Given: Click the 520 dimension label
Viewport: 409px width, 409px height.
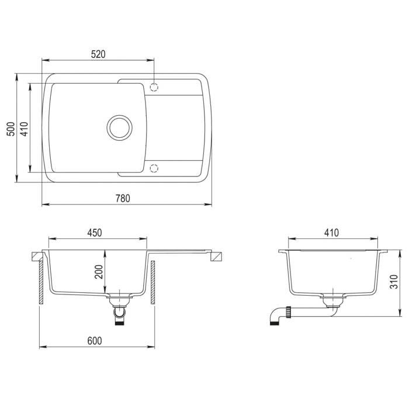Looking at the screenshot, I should [x=98, y=54].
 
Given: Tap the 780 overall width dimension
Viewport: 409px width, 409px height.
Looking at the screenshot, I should [x=122, y=198].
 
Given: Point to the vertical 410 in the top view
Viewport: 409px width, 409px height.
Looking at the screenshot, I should [x=23, y=129].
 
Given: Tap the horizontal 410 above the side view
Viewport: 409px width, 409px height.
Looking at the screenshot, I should [x=331, y=233].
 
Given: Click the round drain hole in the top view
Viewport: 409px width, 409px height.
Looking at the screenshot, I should [x=119, y=126].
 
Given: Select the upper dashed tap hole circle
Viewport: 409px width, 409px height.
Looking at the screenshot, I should [x=154, y=87].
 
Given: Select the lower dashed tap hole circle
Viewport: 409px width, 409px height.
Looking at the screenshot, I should [x=154, y=168].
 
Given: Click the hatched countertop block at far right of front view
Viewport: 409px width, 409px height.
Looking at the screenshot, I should [x=217, y=256].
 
